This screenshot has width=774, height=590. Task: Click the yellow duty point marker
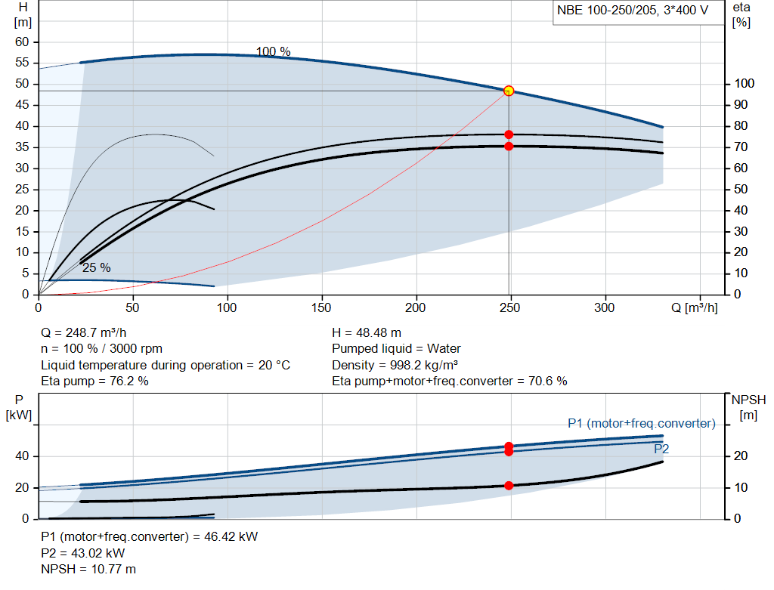tap(509, 91)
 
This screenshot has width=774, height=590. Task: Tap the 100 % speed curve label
tap(273, 51)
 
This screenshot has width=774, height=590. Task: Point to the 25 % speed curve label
tap(96, 268)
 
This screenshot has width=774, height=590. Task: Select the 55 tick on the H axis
tap(22, 63)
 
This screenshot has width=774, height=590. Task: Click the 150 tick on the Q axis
tap(321, 307)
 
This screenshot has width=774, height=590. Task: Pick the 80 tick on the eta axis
tap(741, 126)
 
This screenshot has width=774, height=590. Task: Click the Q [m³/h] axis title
tap(694, 307)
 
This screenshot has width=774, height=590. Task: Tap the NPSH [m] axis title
tap(748, 407)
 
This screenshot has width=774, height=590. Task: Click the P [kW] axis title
tap(19, 407)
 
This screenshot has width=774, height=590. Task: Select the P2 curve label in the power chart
tap(661, 449)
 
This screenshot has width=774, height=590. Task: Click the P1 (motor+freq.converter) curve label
tap(641, 423)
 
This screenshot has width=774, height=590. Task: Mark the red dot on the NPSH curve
tap(509, 486)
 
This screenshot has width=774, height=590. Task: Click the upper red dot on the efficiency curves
tap(509, 134)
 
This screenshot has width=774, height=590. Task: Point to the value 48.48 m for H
tap(379, 333)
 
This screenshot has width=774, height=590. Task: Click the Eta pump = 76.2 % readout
tap(94, 381)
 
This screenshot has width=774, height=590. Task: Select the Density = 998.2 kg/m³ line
tap(395, 365)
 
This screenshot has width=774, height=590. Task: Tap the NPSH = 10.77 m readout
tap(88, 570)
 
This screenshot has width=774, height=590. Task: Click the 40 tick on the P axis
tap(22, 456)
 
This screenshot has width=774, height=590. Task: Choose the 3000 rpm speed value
tap(136, 349)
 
